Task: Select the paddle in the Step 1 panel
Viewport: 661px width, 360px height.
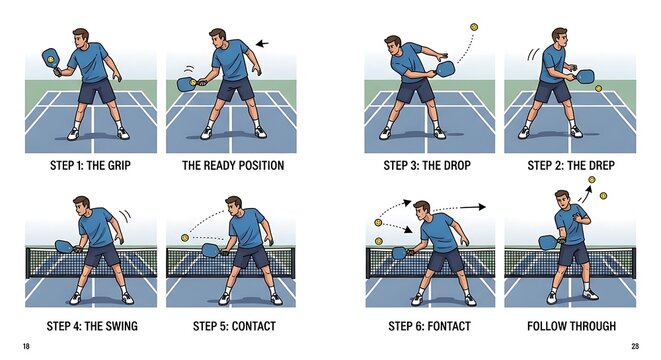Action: (x=49, y=59)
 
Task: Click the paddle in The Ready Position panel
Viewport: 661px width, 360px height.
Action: (x=186, y=85)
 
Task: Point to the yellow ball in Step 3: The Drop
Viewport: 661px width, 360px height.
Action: (x=474, y=27)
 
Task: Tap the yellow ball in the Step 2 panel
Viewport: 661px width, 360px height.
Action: (x=598, y=88)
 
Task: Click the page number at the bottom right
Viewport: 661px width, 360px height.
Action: (x=634, y=345)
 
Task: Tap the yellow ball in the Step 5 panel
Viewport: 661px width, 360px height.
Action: (x=185, y=237)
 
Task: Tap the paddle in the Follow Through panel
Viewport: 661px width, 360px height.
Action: (x=547, y=242)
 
